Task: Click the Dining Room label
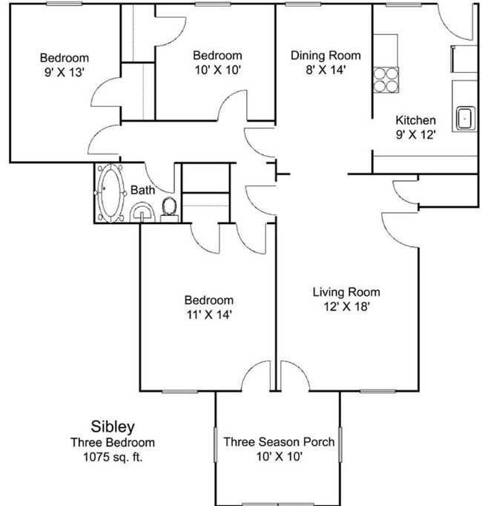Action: [326, 56]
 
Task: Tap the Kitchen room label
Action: [415, 121]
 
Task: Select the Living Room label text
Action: [346, 291]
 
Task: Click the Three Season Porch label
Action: [278, 442]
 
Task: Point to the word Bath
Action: [143, 191]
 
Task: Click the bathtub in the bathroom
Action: [111, 194]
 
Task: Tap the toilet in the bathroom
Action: [169, 206]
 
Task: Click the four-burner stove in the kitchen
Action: [385, 79]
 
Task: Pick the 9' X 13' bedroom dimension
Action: [65, 73]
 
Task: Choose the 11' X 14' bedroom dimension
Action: [208, 315]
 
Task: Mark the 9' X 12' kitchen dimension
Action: [415, 135]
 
